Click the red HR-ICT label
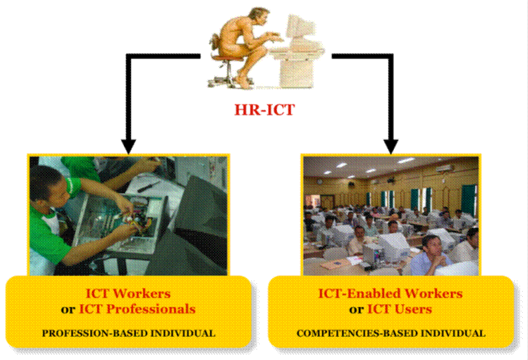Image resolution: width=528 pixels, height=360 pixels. point(264,110)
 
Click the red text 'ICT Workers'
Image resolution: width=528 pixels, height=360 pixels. point(128,293)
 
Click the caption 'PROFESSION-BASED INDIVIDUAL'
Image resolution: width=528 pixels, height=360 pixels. point(128,334)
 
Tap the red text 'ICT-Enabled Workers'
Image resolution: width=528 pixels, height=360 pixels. point(391,293)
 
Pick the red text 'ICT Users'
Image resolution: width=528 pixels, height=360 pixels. point(399,308)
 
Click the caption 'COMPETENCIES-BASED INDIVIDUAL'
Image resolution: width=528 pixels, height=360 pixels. point(391,334)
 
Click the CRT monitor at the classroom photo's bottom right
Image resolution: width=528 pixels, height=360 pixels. point(460,266)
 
